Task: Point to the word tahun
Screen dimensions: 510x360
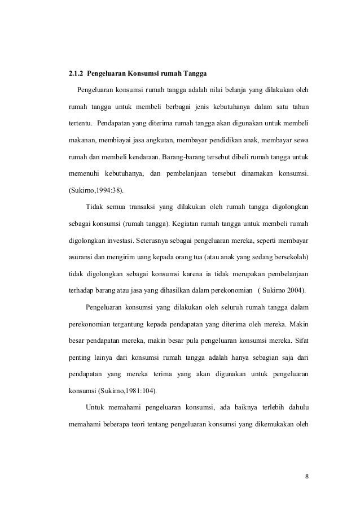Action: (x=298, y=107)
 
